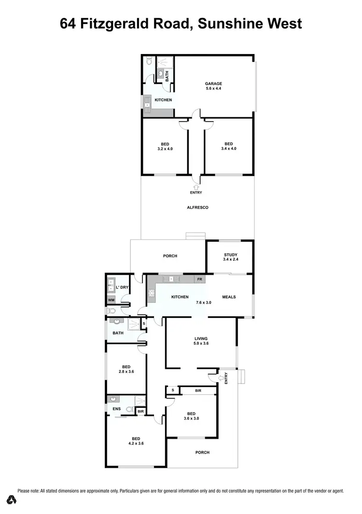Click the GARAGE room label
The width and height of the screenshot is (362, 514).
tap(213, 83)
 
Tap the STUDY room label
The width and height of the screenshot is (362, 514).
tap(231, 255)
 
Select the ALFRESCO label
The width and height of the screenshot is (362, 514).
tap(197, 208)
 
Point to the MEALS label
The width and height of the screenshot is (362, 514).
tap(229, 297)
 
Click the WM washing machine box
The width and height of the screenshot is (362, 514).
tap(111, 300)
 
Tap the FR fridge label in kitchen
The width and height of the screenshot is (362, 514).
tap(199, 279)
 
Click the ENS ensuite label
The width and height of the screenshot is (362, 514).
tap(116, 409)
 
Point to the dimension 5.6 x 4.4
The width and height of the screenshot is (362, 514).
tap(213, 89)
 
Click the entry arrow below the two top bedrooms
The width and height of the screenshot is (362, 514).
tap(196, 186)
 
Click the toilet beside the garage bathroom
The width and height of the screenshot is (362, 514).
tap(149, 62)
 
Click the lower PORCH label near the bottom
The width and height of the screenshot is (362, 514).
tap(202, 452)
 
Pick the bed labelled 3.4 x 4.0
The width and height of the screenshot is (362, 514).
tap(228, 146)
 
